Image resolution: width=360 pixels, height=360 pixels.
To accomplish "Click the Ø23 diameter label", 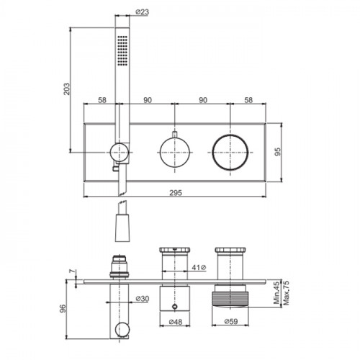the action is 142,12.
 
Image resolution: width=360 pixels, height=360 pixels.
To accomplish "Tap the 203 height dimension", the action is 67,89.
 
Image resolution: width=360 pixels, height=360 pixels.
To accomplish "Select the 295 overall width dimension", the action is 176,193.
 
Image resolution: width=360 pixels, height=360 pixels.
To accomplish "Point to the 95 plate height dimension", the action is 277,152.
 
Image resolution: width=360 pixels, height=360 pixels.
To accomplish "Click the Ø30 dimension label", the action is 143,299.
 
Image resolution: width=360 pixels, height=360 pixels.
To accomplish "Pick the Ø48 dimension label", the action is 176,322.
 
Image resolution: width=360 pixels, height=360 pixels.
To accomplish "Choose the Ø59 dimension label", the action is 231,322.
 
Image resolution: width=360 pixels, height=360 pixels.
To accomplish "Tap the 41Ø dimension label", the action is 199,267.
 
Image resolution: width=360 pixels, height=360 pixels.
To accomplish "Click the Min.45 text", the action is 276,293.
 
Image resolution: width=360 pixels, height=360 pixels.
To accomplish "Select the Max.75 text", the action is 286,293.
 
